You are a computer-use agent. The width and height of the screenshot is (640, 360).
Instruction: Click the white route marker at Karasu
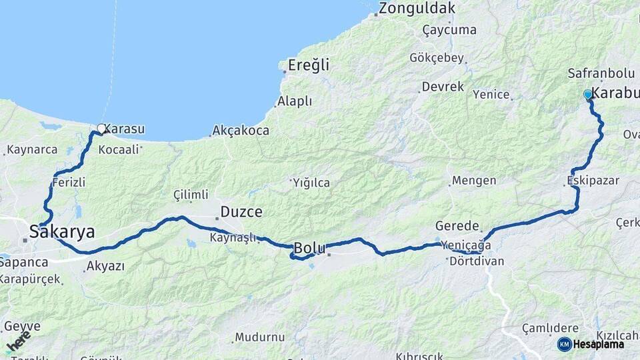point(101,128)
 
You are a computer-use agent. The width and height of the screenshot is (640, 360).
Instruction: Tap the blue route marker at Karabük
point(587,95)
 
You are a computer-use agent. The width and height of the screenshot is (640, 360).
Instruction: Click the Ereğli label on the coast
point(309,65)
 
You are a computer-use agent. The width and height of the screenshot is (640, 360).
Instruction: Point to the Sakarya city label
point(61,231)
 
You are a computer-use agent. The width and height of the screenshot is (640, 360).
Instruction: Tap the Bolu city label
point(309,249)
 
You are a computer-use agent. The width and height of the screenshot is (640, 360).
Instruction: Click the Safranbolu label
point(596,73)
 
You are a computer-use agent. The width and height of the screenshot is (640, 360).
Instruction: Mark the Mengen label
point(473,181)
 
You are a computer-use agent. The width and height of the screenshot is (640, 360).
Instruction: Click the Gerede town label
point(457,225)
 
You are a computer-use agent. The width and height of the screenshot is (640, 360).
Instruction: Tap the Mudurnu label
point(259,337)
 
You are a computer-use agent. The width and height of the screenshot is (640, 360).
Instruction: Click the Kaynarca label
point(32,149)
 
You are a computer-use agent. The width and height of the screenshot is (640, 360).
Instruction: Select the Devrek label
point(442,87)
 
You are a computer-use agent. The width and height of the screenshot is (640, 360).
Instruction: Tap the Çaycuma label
point(449,30)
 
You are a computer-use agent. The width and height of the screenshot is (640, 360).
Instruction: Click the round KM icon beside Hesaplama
point(565,344)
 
